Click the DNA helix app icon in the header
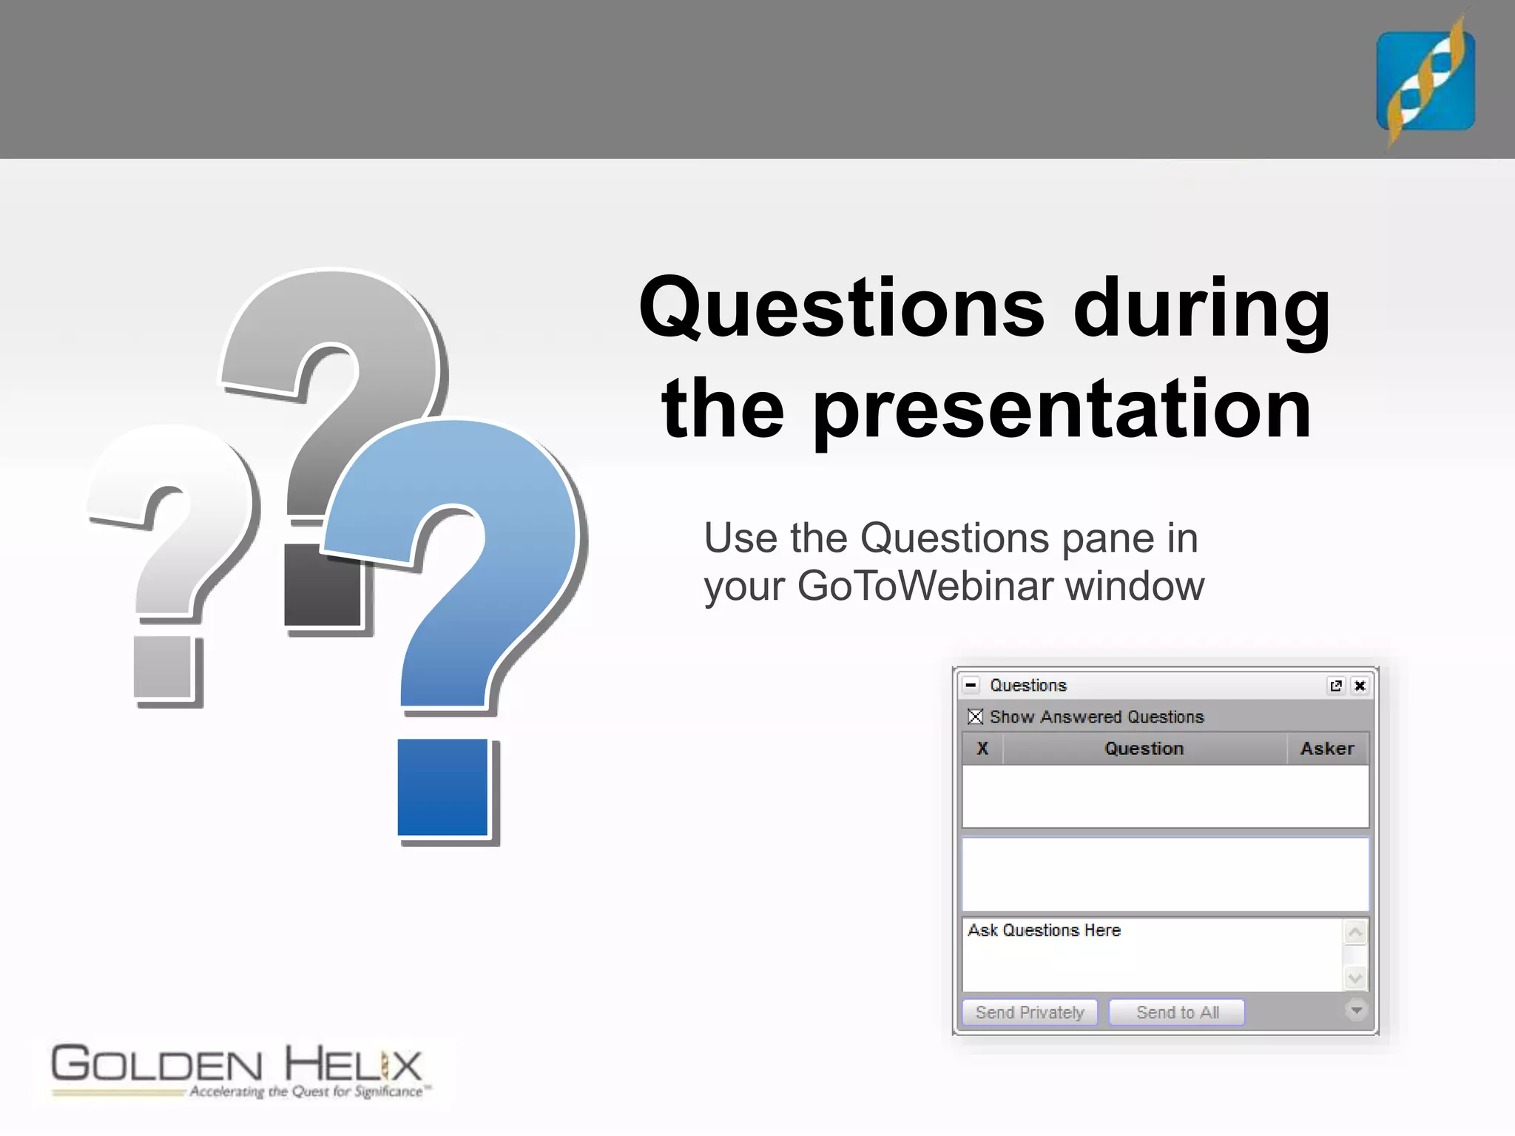tap(1425, 81)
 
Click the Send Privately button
tap(1029, 1012)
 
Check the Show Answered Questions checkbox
tap(976, 717)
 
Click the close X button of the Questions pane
tap(1360, 686)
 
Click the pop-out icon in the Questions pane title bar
tap(1336, 686)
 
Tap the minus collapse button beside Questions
tap(971, 686)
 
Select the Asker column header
tap(1327, 748)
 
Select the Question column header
tap(1144, 748)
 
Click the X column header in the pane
tap(982, 748)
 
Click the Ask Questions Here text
tap(1044, 930)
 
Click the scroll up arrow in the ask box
tap(1355, 933)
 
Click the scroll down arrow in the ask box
tap(1355, 978)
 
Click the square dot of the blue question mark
tap(442, 787)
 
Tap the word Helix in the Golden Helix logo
tap(353, 1066)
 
